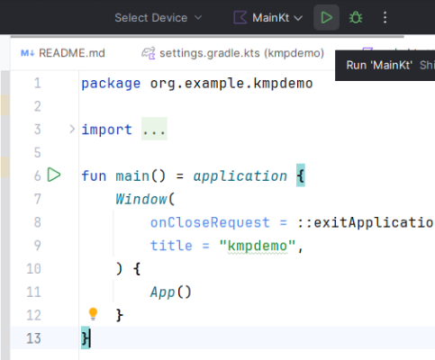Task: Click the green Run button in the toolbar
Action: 326,17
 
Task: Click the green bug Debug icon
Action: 356,17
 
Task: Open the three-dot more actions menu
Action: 385,17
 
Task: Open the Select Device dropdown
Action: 158,18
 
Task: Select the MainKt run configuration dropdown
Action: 268,18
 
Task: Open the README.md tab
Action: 63,53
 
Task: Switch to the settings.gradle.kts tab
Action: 232,53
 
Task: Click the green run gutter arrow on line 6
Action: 54,175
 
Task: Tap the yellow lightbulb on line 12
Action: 93,314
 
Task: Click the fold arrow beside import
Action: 72,130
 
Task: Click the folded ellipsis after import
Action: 154,129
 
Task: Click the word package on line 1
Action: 111,84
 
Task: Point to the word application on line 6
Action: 240,175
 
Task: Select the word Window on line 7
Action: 141,199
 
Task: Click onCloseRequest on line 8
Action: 210,222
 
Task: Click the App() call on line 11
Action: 170,292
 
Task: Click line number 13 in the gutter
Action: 33,338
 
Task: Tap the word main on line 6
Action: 132,175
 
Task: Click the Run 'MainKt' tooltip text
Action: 379,65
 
